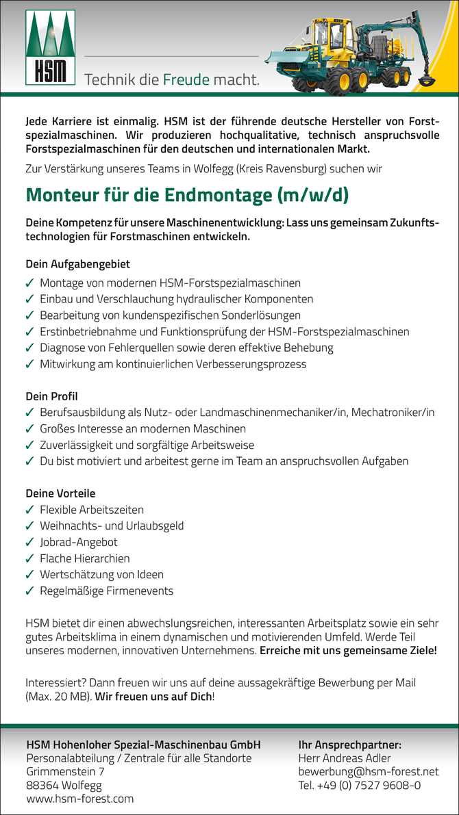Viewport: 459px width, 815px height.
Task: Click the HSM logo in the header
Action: click(x=51, y=47)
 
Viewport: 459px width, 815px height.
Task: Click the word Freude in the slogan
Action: click(x=186, y=80)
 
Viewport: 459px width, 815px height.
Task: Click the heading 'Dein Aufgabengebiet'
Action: click(x=77, y=264)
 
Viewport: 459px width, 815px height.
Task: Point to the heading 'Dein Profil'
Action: click(x=51, y=396)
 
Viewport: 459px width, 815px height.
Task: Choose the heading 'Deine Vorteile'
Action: click(x=60, y=493)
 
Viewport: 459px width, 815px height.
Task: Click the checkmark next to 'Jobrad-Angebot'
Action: click(x=29, y=543)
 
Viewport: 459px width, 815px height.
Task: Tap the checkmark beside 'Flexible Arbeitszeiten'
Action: click(x=29, y=510)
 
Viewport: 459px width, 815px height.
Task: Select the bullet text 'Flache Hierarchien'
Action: click(x=84, y=558)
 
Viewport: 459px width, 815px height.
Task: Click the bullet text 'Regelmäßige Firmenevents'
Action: click(x=106, y=591)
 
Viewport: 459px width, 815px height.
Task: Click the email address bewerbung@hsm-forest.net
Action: click(x=368, y=772)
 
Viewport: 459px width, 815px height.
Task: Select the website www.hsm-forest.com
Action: click(x=79, y=799)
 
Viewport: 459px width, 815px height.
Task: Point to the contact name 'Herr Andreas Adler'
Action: click(x=345, y=758)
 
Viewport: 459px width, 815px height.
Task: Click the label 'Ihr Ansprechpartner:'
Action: click(x=349, y=745)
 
